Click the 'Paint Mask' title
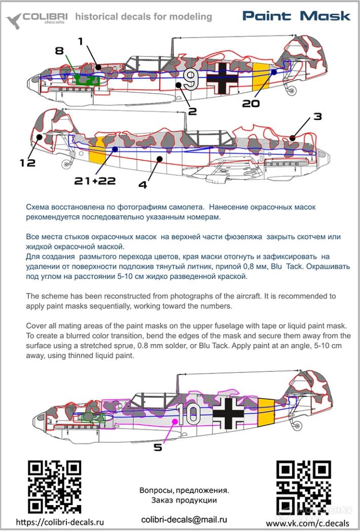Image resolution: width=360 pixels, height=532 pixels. [x=296, y=16]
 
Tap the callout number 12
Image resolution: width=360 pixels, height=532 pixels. [x=28, y=163]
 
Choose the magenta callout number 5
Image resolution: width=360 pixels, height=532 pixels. [x=158, y=447]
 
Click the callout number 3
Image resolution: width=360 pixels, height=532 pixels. [x=317, y=117]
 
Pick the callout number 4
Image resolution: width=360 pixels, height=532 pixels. [x=142, y=185]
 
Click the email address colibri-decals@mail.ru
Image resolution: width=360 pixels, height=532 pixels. [x=184, y=519]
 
